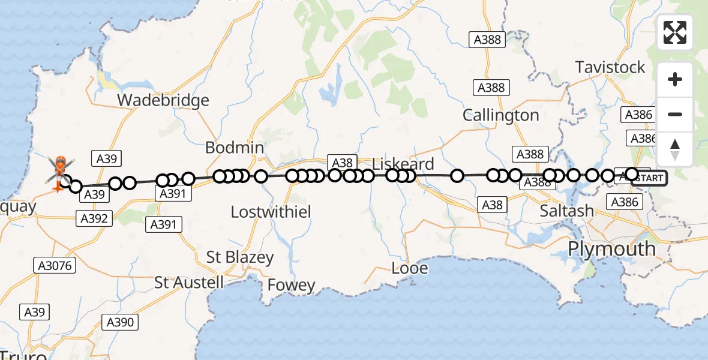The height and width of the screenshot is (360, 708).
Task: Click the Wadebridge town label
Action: click(163, 100)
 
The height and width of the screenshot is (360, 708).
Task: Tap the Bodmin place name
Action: click(234, 148)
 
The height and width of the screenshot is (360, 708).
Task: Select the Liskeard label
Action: click(403, 164)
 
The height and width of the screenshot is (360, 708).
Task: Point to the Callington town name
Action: click(501, 115)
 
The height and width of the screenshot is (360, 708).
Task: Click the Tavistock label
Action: click(610, 67)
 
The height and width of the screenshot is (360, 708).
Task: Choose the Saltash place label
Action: click(566, 211)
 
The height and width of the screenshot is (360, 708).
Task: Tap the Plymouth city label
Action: click(612, 248)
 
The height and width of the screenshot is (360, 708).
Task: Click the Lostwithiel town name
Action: click(271, 212)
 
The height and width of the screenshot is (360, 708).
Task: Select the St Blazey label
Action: click(240, 258)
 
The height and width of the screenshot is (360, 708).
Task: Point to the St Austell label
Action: click(189, 283)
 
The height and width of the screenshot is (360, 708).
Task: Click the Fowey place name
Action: click(292, 285)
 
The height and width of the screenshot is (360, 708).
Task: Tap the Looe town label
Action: click(410, 268)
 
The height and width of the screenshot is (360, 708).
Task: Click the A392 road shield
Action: click(94, 218)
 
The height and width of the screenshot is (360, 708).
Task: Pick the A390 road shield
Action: click(120, 322)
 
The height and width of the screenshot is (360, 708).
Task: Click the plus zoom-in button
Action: click(675, 80)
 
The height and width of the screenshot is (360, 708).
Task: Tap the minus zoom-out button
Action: click(675, 114)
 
